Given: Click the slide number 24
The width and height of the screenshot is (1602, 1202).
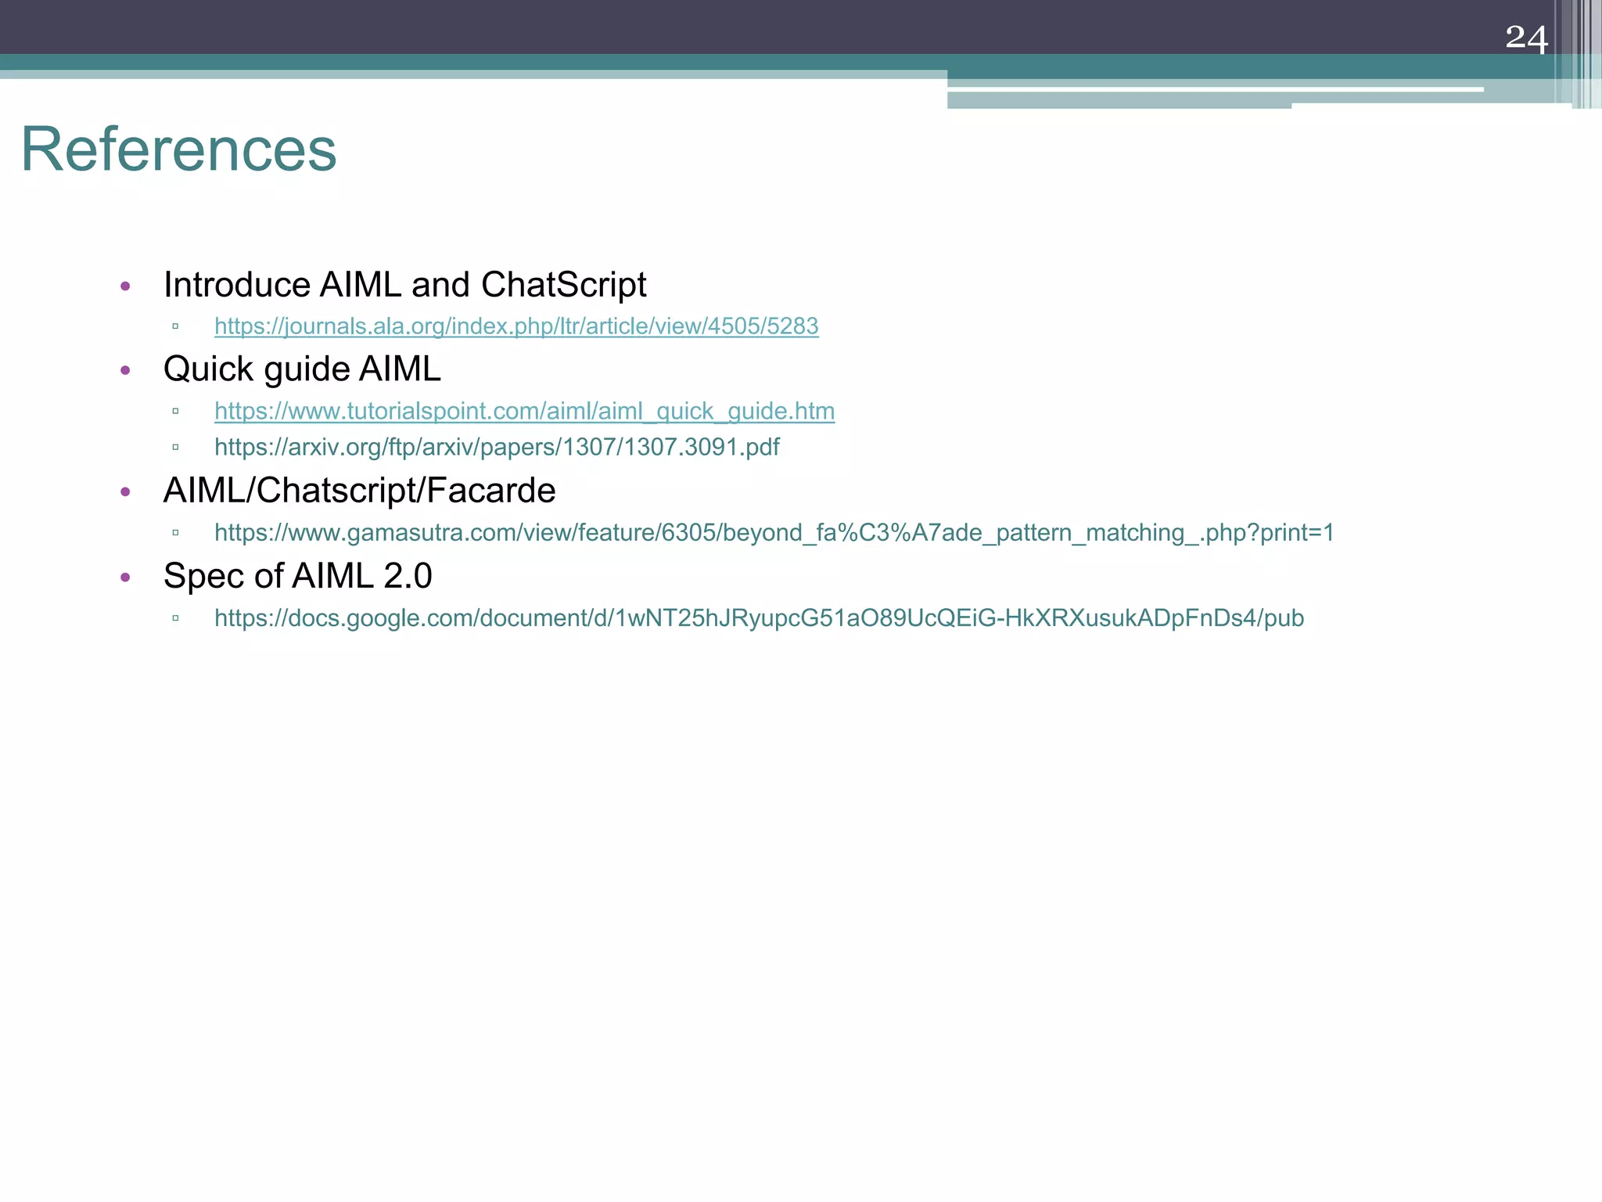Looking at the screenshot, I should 1526,38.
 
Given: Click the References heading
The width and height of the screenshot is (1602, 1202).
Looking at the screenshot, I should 178,149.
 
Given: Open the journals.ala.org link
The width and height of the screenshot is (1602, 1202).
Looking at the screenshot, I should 516,326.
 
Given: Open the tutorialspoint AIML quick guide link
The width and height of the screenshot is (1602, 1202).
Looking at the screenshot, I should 524,412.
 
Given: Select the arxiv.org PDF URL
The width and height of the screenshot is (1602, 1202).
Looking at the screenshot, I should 497,448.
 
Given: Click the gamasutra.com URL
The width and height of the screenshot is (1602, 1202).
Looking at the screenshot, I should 774,533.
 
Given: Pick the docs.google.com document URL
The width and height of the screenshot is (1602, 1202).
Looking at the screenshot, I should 759,618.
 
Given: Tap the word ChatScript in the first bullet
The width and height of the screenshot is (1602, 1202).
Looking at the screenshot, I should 563,285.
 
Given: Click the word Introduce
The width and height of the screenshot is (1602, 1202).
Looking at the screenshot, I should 236,285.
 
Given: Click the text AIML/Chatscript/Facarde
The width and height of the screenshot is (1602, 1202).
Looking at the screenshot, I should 359,491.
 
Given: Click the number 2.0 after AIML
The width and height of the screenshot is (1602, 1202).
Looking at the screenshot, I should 408,577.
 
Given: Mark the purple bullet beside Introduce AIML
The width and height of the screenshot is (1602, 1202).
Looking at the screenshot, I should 126,286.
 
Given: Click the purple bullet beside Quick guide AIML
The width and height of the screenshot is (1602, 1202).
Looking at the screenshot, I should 126,371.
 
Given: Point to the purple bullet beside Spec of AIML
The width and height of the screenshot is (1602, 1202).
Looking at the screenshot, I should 126,578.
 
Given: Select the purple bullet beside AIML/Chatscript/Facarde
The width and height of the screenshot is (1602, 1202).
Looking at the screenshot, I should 126,492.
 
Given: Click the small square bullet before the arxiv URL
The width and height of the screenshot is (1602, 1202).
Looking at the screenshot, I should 175,448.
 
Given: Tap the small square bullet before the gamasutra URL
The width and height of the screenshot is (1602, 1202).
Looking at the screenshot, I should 175,533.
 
